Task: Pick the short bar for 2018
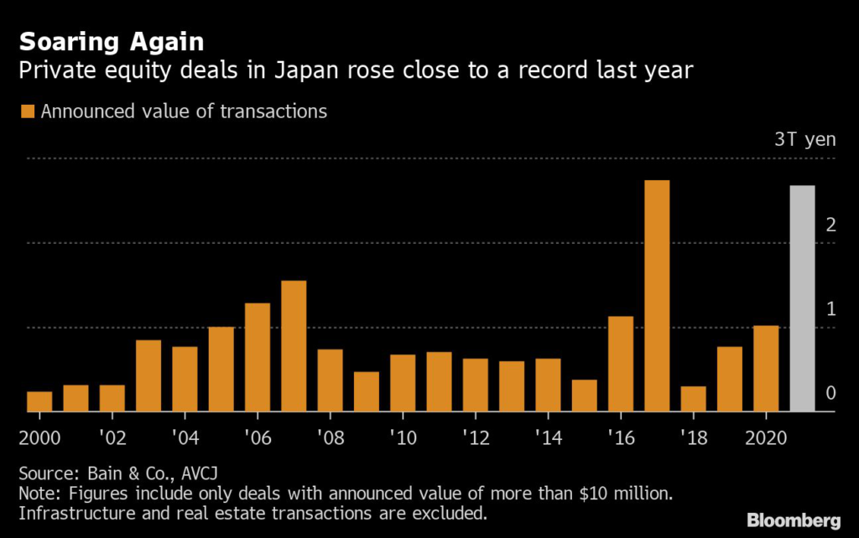point(694,399)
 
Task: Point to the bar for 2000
point(39,401)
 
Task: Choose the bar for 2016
point(621,364)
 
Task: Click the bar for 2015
point(585,396)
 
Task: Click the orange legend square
point(27,111)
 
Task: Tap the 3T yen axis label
point(804,139)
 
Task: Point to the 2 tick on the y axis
point(830,225)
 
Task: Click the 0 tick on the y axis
point(830,393)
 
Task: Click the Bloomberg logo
point(794,521)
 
